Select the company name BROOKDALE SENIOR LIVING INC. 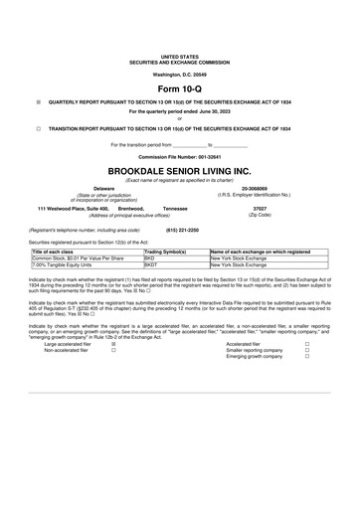tap(179, 171)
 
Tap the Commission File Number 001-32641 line tap(179, 157)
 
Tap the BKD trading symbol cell tap(150, 258)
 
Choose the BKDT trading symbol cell tap(151, 265)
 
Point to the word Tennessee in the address tap(175, 208)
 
